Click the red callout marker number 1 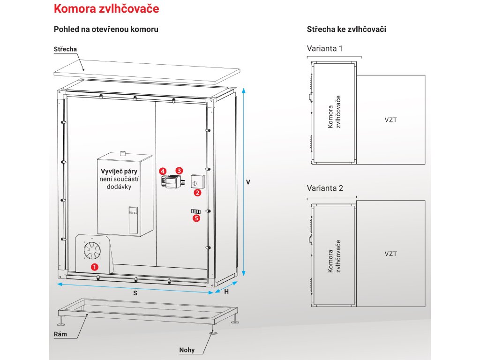click(x=94, y=267)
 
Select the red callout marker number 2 click(x=197, y=192)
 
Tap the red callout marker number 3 click(x=179, y=170)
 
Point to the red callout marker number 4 click(x=162, y=171)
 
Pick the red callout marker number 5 click(x=196, y=217)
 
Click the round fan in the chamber click(x=92, y=251)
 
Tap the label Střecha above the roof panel click(x=65, y=49)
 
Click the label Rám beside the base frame click(x=61, y=334)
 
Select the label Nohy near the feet click(x=187, y=350)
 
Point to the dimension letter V click(x=248, y=182)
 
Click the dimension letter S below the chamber click(x=135, y=292)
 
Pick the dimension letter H click(x=227, y=292)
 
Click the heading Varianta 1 click(x=324, y=48)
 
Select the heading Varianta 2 click(x=325, y=188)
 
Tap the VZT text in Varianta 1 click(x=390, y=120)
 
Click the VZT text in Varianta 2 click(x=390, y=254)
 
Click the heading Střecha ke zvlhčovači click(x=346, y=29)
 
